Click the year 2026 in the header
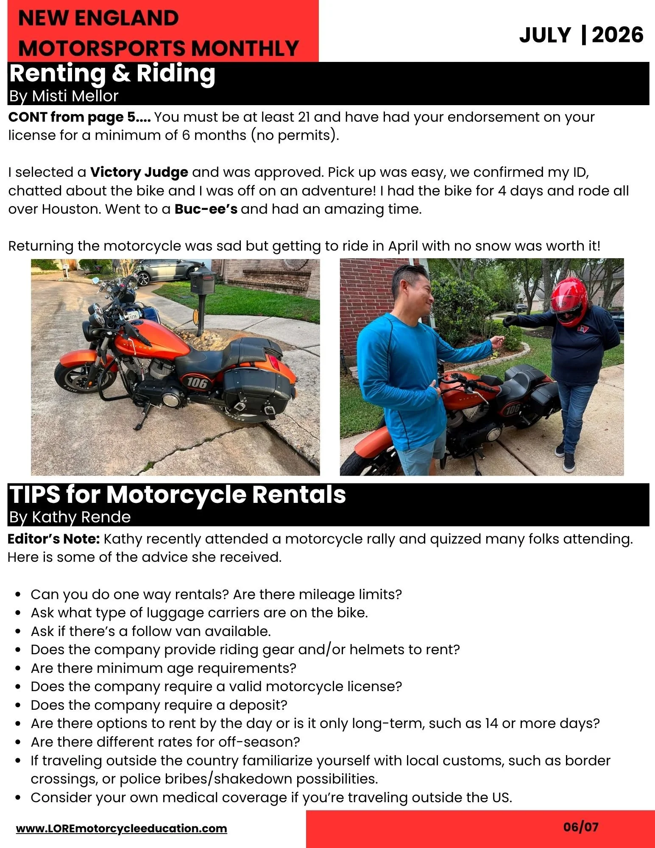[x=617, y=35]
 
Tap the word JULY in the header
[x=545, y=35]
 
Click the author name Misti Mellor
[x=75, y=96]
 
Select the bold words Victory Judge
[x=139, y=172]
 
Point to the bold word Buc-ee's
[x=206, y=209]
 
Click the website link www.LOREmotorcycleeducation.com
[x=122, y=828]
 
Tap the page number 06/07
[x=581, y=826]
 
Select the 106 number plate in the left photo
[x=197, y=382]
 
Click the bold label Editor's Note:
[x=54, y=539]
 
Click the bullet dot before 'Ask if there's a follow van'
[x=18, y=631]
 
